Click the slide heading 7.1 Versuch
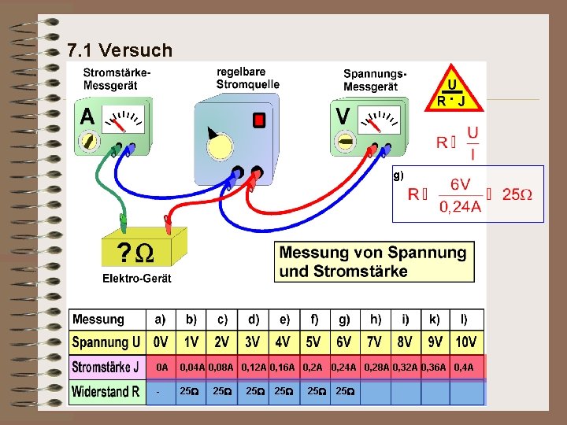[x=120, y=51]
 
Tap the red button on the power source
[x=258, y=120]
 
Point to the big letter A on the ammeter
[x=87, y=116]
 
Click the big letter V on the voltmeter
[x=343, y=116]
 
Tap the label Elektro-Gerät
[x=136, y=278]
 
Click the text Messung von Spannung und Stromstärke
[x=373, y=262]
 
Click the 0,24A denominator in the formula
[x=461, y=207]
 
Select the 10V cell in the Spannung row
[x=466, y=343]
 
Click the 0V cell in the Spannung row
[x=161, y=343]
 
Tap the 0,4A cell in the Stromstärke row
[x=465, y=368]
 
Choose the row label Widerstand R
[x=106, y=392]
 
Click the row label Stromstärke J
[x=106, y=368]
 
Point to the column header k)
[x=435, y=320]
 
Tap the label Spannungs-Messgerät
[x=375, y=79]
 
